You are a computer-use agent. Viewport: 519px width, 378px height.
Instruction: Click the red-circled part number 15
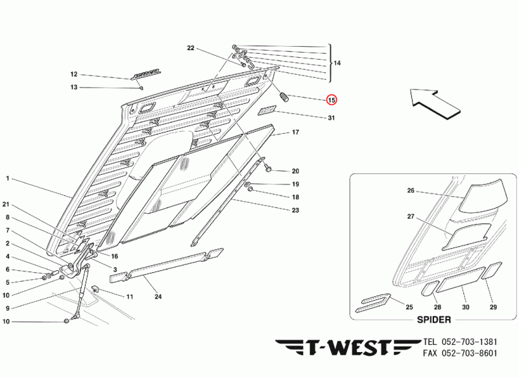click(x=332, y=100)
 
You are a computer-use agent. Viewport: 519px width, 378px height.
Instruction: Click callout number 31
click(x=331, y=118)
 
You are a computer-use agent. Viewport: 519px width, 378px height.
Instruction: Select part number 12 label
click(x=73, y=75)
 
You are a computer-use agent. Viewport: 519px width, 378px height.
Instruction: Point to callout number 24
click(x=158, y=297)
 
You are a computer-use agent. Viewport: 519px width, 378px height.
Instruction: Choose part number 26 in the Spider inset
click(x=410, y=191)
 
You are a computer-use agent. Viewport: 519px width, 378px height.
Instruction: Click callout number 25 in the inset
click(x=409, y=307)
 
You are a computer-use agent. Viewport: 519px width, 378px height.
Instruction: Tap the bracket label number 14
click(x=336, y=63)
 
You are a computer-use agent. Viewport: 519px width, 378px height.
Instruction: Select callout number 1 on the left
click(x=8, y=178)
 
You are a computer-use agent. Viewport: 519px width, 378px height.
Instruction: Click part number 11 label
click(x=129, y=297)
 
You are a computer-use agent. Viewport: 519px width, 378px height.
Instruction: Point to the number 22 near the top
click(x=191, y=48)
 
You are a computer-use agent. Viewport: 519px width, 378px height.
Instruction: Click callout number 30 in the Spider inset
click(x=465, y=307)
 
